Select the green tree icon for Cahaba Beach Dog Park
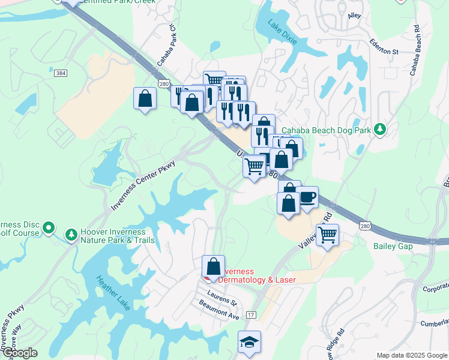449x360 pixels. pyautogui.click(x=379, y=130)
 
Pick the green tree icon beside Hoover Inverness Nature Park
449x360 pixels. pyautogui.click(x=71, y=233)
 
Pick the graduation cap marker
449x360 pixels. pyautogui.click(x=250, y=343)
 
